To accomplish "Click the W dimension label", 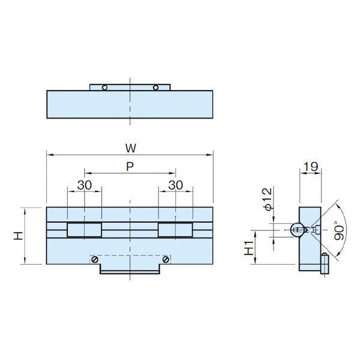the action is [x=131, y=148].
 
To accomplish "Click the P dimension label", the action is [x=130, y=166].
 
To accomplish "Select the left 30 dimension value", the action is [x=85, y=185].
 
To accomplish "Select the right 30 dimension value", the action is [x=176, y=185].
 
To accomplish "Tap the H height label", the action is [x=18, y=236].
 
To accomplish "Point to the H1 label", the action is [x=249, y=248].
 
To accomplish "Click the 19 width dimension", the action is [x=311, y=166].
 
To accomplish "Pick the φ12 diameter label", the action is [x=267, y=199].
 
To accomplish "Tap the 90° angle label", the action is [x=339, y=231].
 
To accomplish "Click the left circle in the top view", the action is [x=104, y=88].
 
